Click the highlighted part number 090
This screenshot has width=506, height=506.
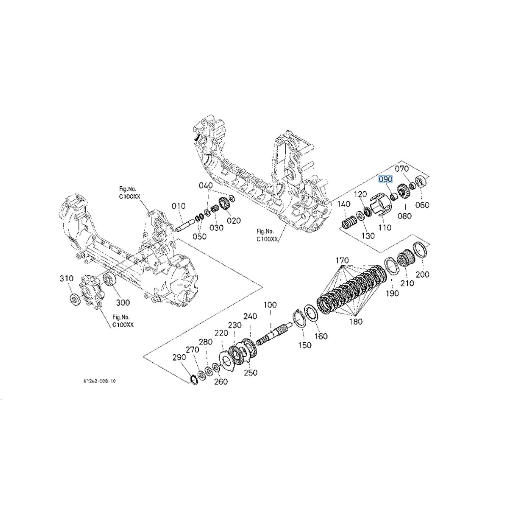[385, 179]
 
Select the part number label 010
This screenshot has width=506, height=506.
[178, 206]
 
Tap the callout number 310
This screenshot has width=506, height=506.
[66, 278]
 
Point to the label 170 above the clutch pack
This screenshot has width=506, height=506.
[342, 260]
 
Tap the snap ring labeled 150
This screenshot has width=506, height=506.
[299, 318]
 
